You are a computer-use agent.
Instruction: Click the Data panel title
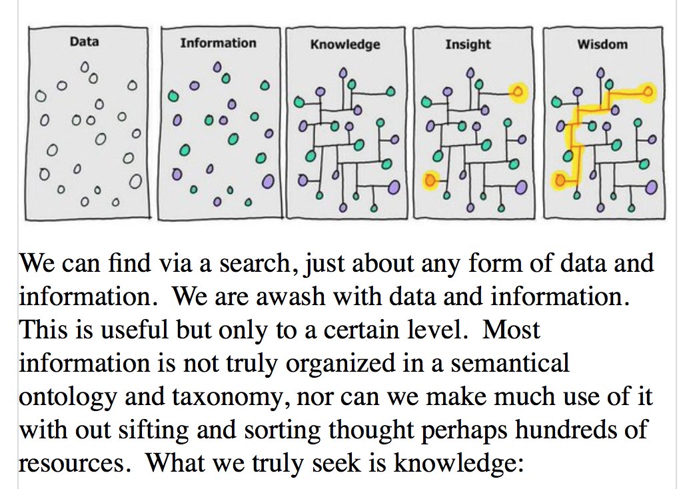84,41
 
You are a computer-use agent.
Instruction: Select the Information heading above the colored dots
218,43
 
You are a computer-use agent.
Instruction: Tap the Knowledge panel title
345,45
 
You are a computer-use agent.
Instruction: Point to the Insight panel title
468,45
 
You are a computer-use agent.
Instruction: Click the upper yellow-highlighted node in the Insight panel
518,92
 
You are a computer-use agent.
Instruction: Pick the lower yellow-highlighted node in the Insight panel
430,179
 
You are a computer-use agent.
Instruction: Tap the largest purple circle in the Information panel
267,180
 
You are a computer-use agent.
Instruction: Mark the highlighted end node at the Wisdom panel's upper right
648,91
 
